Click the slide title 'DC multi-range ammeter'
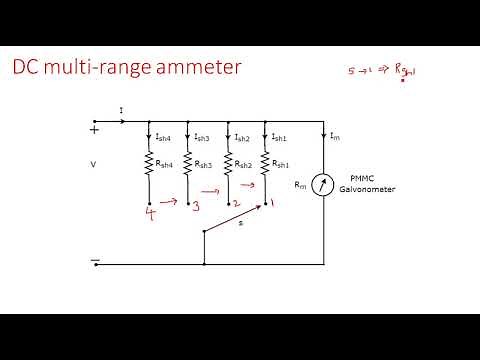point(126,69)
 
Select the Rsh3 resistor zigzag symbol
point(189,162)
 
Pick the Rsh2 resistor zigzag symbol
point(230,162)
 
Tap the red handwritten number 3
point(195,207)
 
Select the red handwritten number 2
point(235,203)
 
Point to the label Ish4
point(164,137)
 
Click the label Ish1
point(280,137)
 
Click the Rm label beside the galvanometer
point(301,184)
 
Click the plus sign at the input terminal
point(96,129)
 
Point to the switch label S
point(239,224)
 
